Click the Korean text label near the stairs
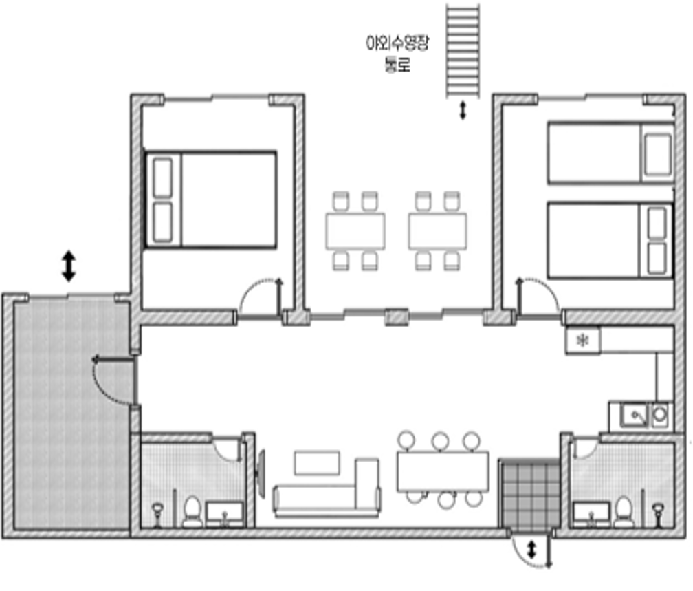coord(397,53)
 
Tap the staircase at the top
coord(463,51)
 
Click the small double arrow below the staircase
coord(463,111)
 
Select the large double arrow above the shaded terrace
coord(69,266)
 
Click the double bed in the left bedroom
coord(211,200)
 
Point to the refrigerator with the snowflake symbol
coord(583,340)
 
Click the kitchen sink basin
coord(634,416)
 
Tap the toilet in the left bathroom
coord(192,512)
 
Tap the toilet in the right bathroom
coord(623,513)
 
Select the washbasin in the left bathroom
coord(225,514)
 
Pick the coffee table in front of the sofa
coord(317,463)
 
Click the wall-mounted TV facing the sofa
coord(261,474)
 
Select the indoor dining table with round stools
coord(443,471)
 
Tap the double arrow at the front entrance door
coord(531,550)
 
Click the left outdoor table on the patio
coord(355,231)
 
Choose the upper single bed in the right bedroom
coord(610,153)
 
